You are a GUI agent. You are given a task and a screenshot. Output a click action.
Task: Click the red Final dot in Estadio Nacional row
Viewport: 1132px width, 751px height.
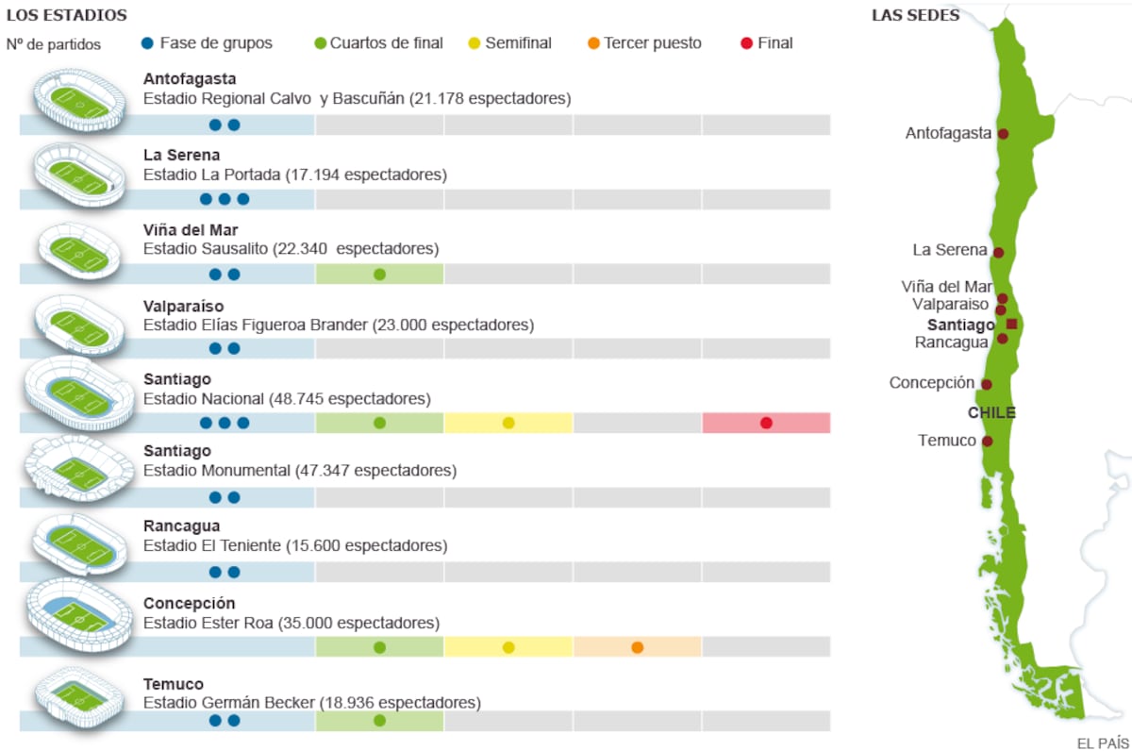click(x=766, y=423)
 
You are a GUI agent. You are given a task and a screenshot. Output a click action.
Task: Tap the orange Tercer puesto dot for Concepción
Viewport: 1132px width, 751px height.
click(x=638, y=647)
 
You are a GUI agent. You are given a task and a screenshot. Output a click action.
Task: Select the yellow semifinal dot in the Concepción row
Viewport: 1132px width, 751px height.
click(x=508, y=647)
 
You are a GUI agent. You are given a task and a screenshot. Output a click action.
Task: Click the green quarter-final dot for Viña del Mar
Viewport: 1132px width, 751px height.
click(x=379, y=275)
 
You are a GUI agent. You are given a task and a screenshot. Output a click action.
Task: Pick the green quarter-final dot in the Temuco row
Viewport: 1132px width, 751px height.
click(x=379, y=721)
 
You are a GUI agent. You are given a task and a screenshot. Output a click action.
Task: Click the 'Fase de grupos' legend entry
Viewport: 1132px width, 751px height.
click(x=207, y=43)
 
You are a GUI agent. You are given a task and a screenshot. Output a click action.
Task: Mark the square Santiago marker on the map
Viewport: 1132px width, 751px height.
click(x=1011, y=325)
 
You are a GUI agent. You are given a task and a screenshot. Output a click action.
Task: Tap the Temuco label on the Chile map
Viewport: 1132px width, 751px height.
click(x=948, y=441)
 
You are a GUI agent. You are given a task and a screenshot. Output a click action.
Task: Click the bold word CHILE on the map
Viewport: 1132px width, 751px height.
click(x=991, y=413)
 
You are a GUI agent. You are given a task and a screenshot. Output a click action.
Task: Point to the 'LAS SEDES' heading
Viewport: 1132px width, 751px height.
click(x=915, y=15)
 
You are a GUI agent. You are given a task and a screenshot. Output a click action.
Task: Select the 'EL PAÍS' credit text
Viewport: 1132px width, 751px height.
click(x=1102, y=743)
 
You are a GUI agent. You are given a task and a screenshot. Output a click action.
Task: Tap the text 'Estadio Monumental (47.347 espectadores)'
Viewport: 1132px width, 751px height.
click(x=300, y=470)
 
